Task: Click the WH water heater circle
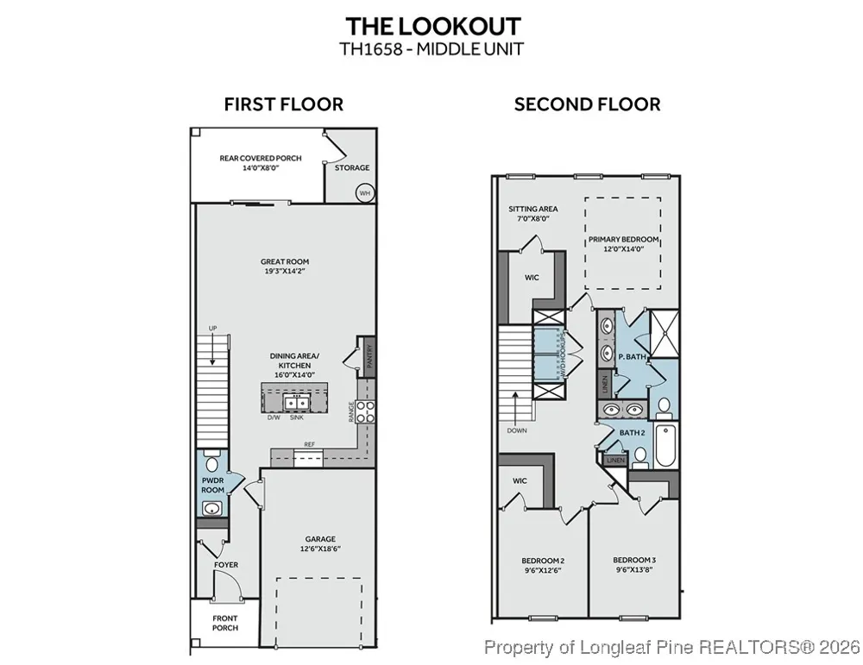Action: point(365,193)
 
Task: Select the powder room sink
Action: point(211,508)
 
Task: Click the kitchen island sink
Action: point(296,403)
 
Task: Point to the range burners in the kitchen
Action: point(366,412)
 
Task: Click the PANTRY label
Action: point(370,356)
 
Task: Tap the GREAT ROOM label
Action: point(285,262)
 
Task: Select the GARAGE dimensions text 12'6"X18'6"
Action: point(320,549)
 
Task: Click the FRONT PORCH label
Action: point(225,623)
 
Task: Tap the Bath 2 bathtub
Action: point(666,446)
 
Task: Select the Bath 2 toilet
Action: point(640,458)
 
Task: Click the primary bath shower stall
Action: point(665,334)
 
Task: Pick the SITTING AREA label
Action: point(532,209)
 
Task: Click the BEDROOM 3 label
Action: point(634,561)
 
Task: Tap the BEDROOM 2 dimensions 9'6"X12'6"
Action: point(543,570)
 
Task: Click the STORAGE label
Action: point(352,168)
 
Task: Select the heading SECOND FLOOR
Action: point(587,104)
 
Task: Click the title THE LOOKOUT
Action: point(433,27)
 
